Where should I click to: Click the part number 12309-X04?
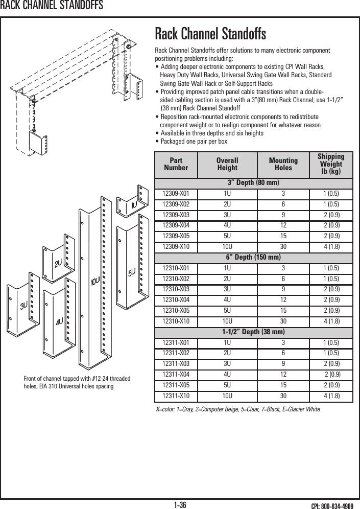coord(176,225)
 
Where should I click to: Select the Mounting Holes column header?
coord(283,164)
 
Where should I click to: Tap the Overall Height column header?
coord(227,164)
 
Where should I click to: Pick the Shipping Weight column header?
coord(331,164)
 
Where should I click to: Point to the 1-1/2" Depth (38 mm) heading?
coord(253,332)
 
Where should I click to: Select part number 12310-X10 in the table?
coord(176,321)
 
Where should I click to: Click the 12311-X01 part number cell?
coord(176,342)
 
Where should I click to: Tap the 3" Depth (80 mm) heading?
coord(253,182)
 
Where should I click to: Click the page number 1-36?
coord(180,505)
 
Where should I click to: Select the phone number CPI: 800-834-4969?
coord(332,505)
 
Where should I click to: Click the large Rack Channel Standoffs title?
coord(210,35)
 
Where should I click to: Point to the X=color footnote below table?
coord(237,409)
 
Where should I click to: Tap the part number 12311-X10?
coord(176,396)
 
